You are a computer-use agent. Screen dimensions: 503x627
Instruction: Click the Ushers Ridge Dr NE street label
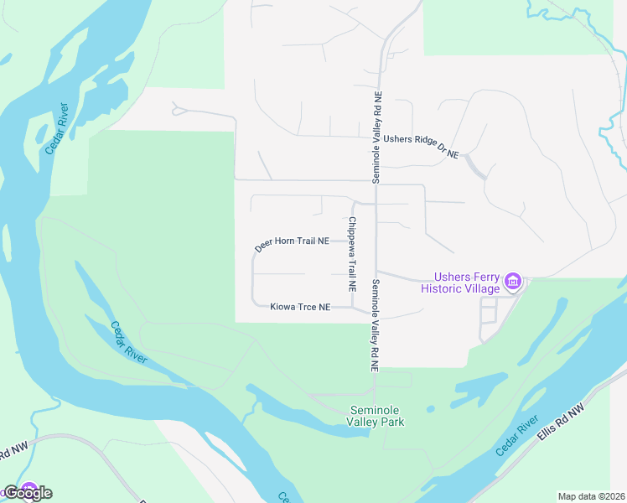click(x=422, y=146)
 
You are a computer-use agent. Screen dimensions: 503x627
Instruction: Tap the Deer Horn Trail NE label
click(x=291, y=243)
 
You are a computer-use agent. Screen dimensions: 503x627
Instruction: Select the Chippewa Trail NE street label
click(x=353, y=254)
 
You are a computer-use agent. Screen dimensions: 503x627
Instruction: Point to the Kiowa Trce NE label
click(x=300, y=308)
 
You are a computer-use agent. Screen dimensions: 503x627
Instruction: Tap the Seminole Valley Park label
click(x=376, y=416)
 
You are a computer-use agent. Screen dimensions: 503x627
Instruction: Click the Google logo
click(x=28, y=492)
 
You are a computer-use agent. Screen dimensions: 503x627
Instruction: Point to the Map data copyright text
click(x=591, y=496)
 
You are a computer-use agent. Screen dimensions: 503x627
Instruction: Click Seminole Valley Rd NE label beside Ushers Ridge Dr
click(x=377, y=137)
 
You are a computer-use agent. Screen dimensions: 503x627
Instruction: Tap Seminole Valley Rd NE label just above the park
click(x=375, y=325)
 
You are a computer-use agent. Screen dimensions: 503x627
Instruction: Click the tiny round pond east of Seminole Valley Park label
click(x=430, y=410)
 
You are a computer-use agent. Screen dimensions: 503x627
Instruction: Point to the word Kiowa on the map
click(x=282, y=308)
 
